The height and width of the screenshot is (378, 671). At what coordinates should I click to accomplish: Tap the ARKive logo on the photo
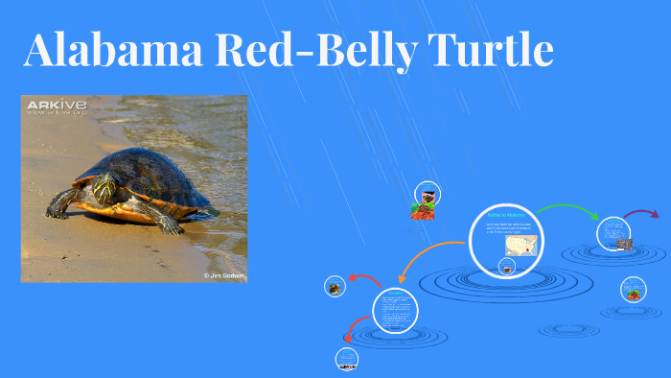(x=57, y=104)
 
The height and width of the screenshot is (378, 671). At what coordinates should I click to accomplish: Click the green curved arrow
(x=567, y=210)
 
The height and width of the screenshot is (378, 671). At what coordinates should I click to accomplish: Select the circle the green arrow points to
(x=614, y=233)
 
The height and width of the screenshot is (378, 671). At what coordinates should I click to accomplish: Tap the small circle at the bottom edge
(x=346, y=360)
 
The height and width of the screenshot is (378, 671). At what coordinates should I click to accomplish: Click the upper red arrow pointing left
(x=363, y=280)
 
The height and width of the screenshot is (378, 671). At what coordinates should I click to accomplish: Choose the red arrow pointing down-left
(x=352, y=333)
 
